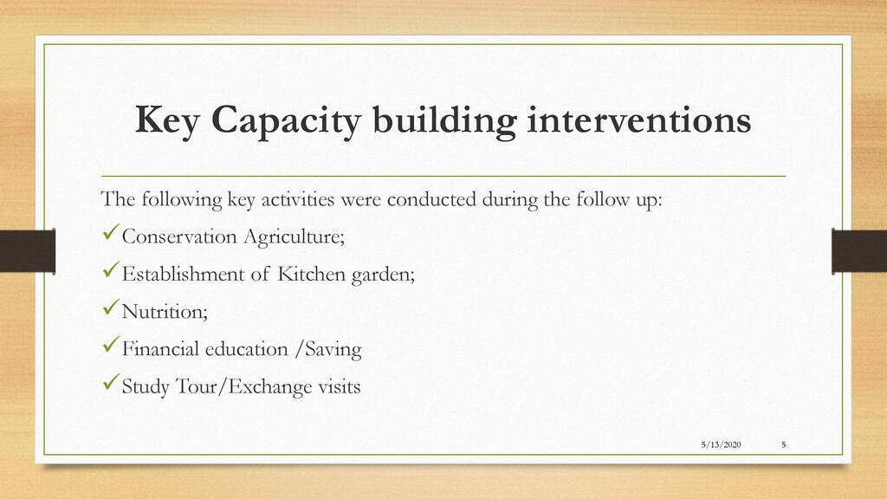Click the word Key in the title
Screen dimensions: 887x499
(x=167, y=120)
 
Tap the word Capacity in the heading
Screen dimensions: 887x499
(x=286, y=120)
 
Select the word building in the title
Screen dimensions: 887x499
(x=444, y=120)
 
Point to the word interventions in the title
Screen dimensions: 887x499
(x=639, y=120)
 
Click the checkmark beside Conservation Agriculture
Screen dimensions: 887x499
(x=112, y=232)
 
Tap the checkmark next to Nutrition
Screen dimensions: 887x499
(x=112, y=308)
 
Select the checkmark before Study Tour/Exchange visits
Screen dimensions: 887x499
(x=112, y=382)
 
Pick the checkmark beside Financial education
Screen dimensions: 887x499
(x=112, y=345)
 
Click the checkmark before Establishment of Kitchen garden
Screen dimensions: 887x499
(x=112, y=269)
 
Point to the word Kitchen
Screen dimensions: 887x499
(x=311, y=274)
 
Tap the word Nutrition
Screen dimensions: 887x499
(x=165, y=311)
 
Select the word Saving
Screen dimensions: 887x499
(x=333, y=350)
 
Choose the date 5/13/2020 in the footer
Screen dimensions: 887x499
(x=722, y=444)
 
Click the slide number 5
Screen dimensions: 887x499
(x=783, y=444)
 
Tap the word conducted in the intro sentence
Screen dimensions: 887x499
(x=431, y=199)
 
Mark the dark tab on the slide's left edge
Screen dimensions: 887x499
(x=28, y=250)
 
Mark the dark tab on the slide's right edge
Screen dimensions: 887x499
(x=859, y=250)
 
